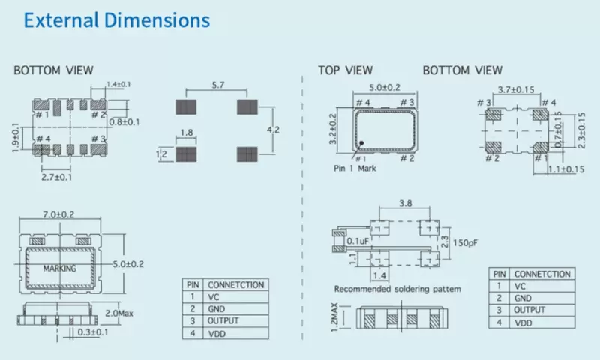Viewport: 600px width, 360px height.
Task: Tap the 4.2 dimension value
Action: [x=275, y=130]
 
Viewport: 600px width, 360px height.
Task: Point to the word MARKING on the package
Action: [x=61, y=268]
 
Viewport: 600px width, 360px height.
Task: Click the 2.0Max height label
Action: [x=118, y=311]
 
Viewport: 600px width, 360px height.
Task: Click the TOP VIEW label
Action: [x=345, y=70]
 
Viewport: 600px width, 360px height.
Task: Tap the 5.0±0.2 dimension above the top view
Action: [x=384, y=87]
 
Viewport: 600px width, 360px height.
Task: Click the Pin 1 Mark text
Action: [x=355, y=169]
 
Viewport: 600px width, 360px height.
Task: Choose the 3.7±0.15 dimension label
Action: [x=516, y=89]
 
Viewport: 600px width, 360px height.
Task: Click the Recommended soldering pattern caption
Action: [x=397, y=289]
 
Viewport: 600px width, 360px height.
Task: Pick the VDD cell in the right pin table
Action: [x=523, y=322]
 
